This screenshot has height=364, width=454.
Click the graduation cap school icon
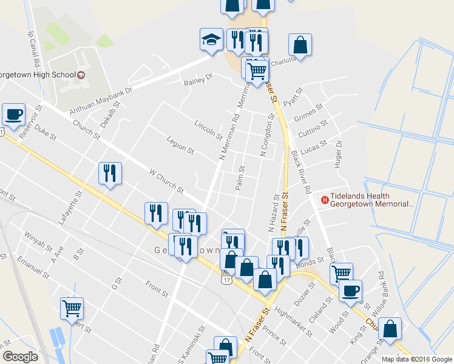tap(211, 41)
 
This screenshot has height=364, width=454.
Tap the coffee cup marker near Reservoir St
tap(13, 113)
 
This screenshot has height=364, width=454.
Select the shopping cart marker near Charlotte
tap(257, 70)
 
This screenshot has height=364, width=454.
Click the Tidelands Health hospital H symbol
tap(325, 198)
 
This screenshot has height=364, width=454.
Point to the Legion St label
tap(181, 146)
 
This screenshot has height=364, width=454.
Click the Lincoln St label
tap(208, 129)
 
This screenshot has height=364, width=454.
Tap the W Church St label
tap(166, 181)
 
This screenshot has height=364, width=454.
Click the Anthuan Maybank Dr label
tap(101, 99)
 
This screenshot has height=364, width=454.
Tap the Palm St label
tap(240, 178)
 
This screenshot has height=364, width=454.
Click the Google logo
tap(20, 357)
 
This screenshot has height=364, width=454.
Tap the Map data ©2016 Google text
tap(416, 359)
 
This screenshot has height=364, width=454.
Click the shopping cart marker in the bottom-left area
tap(72, 308)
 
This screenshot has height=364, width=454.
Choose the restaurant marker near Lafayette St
tap(110, 174)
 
